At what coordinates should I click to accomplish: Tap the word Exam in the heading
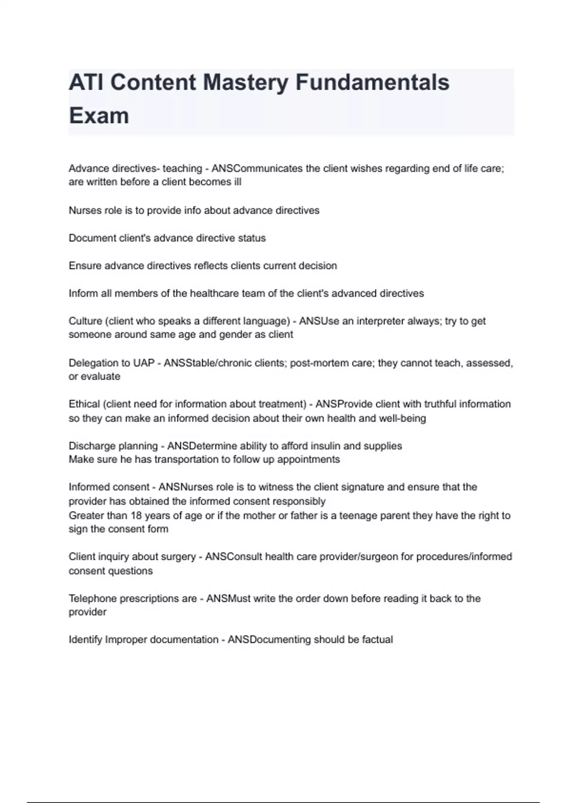99,116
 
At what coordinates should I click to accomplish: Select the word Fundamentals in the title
372,82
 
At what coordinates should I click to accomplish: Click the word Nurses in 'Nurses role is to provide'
82,211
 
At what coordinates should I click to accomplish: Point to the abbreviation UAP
144,363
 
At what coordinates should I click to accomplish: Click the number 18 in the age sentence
136,516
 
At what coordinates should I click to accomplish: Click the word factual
377,640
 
